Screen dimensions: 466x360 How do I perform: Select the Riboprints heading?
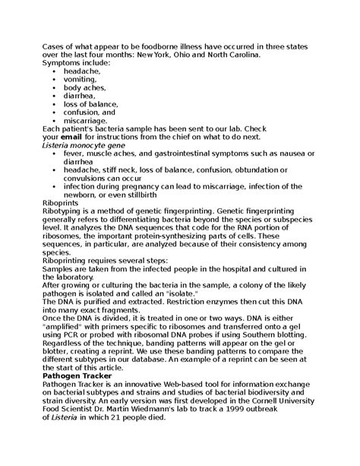[x=62, y=203]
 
